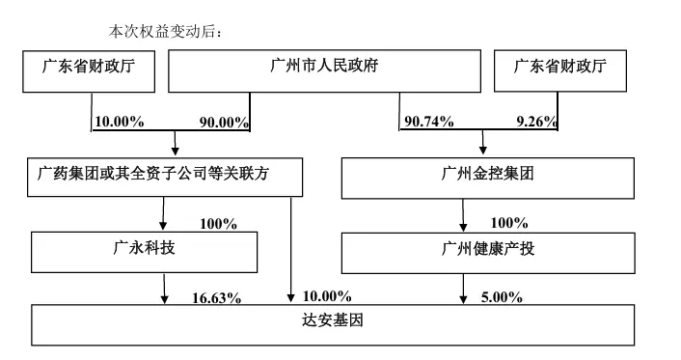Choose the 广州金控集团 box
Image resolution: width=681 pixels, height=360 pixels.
(489, 176)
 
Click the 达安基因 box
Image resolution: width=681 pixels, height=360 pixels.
(335, 323)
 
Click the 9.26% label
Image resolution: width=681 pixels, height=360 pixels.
(537, 123)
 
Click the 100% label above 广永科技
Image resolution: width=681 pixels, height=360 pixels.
(218, 224)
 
